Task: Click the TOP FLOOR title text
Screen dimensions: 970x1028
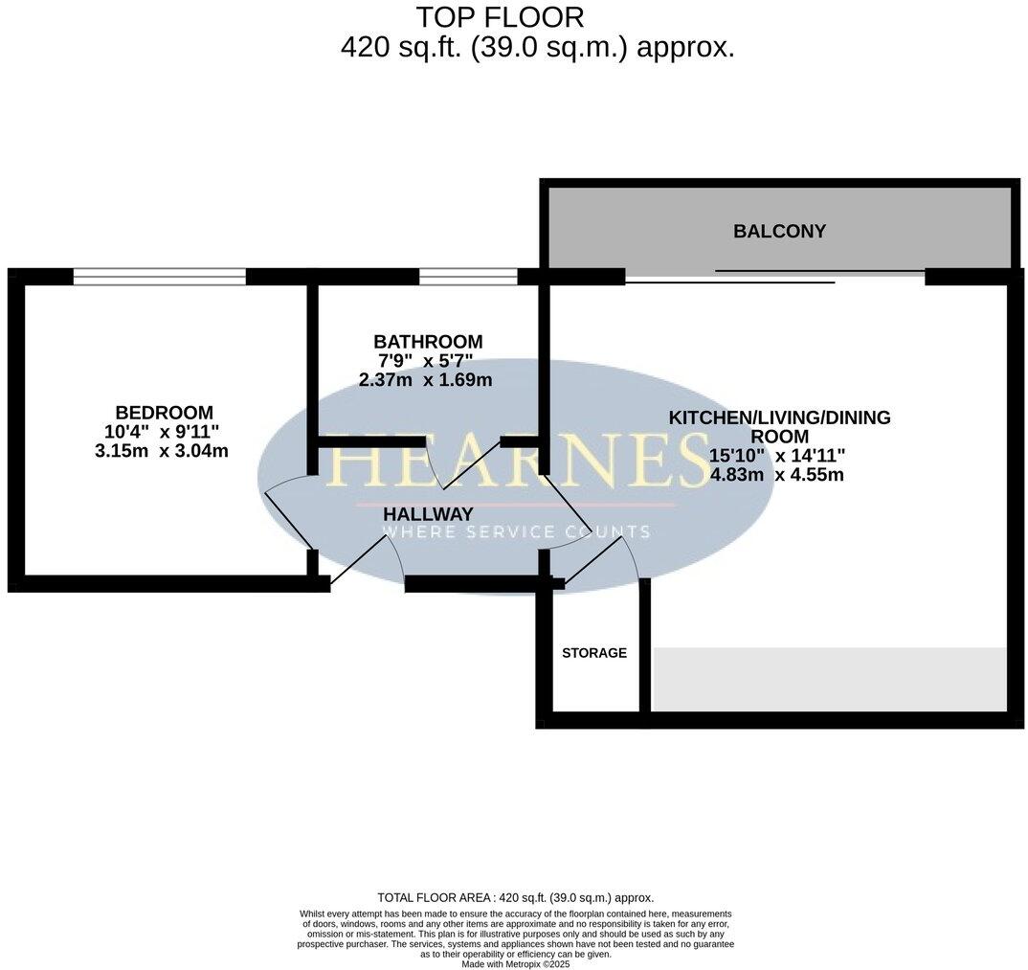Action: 500,17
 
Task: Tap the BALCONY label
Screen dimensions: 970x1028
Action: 779,231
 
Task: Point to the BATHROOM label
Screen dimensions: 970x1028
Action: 428,342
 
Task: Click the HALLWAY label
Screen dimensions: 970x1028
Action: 428,514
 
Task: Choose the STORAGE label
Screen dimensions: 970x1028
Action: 594,653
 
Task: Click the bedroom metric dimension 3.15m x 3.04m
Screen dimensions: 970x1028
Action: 162,451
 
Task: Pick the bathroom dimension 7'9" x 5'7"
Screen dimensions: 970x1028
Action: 426,361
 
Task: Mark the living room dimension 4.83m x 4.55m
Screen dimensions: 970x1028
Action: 776,474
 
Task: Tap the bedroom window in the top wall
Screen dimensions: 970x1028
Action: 159,277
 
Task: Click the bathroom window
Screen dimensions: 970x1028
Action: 468,277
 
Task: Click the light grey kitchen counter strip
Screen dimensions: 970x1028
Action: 829,679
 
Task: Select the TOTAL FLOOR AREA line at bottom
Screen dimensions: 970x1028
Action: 515,897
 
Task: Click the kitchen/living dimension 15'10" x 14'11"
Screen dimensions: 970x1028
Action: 777,455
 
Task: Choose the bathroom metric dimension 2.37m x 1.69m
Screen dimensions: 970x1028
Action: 425,380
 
